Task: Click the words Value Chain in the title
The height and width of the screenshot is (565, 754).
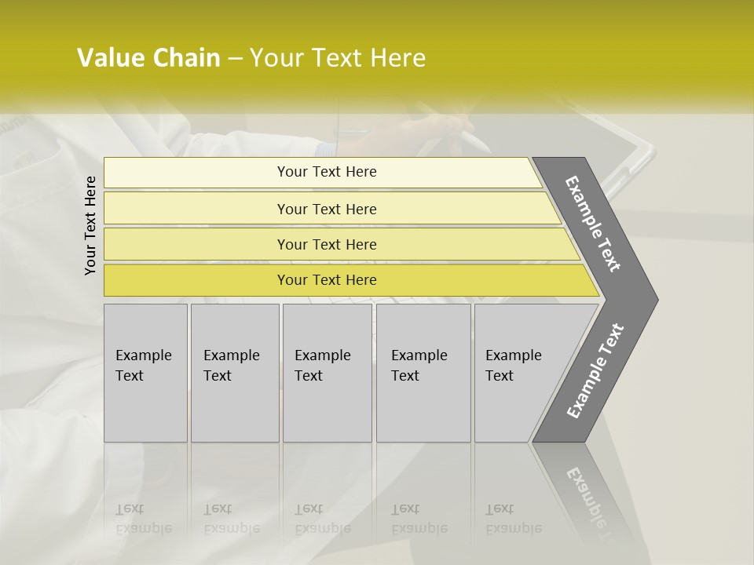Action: (148, 58)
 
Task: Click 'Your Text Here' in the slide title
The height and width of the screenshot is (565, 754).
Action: (338, 58)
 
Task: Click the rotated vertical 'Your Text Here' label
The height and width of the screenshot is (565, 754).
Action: (90, 225)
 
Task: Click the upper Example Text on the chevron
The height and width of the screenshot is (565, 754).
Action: (593, 224)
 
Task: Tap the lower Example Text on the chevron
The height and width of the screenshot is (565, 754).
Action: (595, 371)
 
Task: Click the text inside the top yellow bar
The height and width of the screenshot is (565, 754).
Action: (327, 172)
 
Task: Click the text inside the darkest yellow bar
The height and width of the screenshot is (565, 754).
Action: (327, 280)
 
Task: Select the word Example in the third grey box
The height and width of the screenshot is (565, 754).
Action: (322, 355)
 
